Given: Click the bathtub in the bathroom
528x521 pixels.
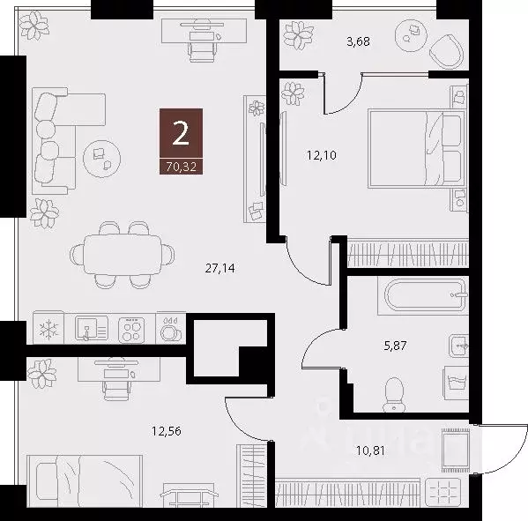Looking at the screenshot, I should click(421, 296).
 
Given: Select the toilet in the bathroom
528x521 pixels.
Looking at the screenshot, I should click(394, 391).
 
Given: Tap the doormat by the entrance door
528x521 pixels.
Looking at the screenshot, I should click(455, 450).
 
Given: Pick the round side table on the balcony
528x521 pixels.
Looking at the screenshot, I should click(411, 32).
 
